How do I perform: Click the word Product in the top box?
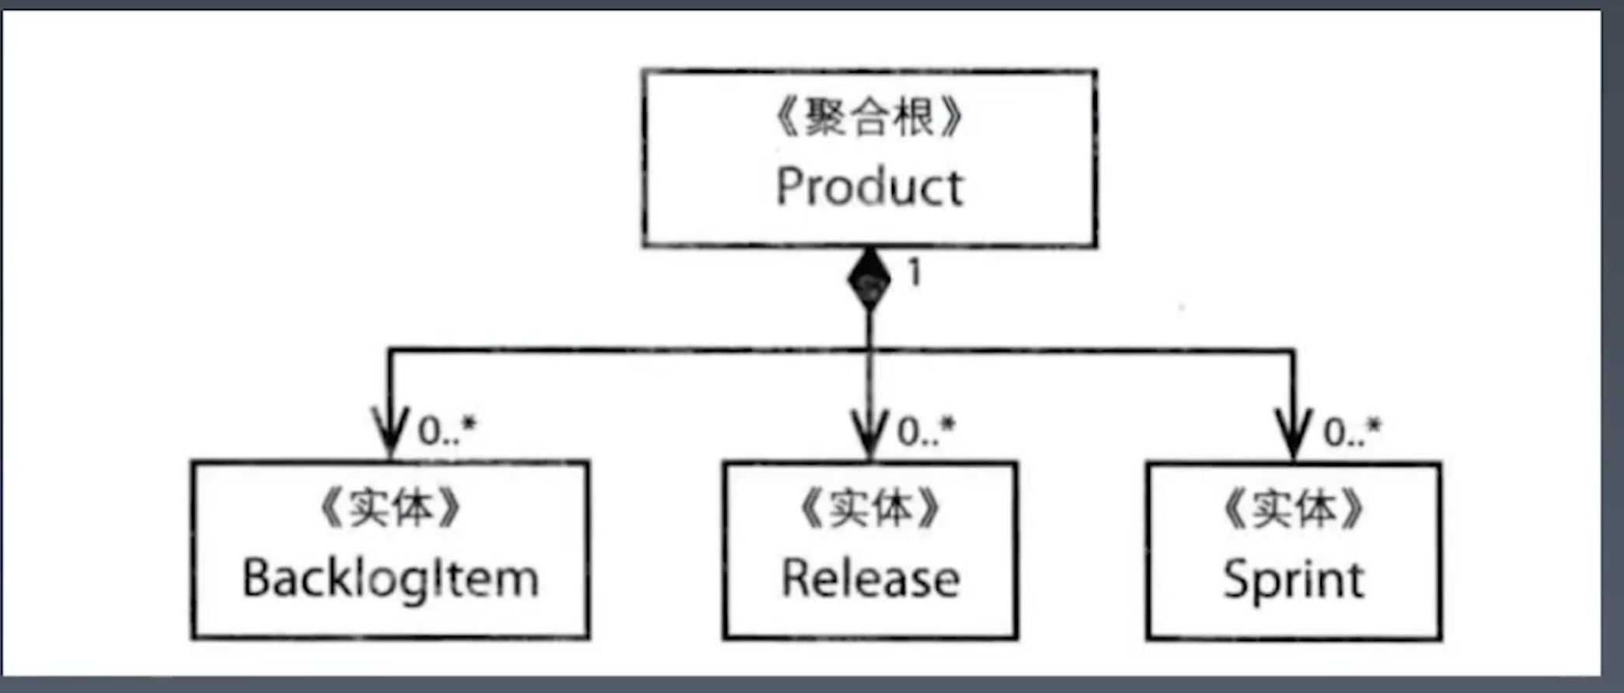[x=870, y=187]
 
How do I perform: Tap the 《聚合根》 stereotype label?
[x=870, y=119]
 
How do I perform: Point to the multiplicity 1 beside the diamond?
[x=915, y=273]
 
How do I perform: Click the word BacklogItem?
[x=390, y=580]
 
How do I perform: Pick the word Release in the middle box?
[x=870, y=580]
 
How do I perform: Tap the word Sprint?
[x=1293, y=580]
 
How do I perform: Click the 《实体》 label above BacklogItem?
[x=390, y=509]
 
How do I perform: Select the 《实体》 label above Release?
[x=870, y=509]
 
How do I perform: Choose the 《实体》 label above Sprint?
[x=1293, y=509]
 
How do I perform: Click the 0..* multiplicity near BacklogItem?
[x=447, y=430]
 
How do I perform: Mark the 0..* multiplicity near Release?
[x=926, y=430]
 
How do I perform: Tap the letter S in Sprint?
[x=1237, y=580]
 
